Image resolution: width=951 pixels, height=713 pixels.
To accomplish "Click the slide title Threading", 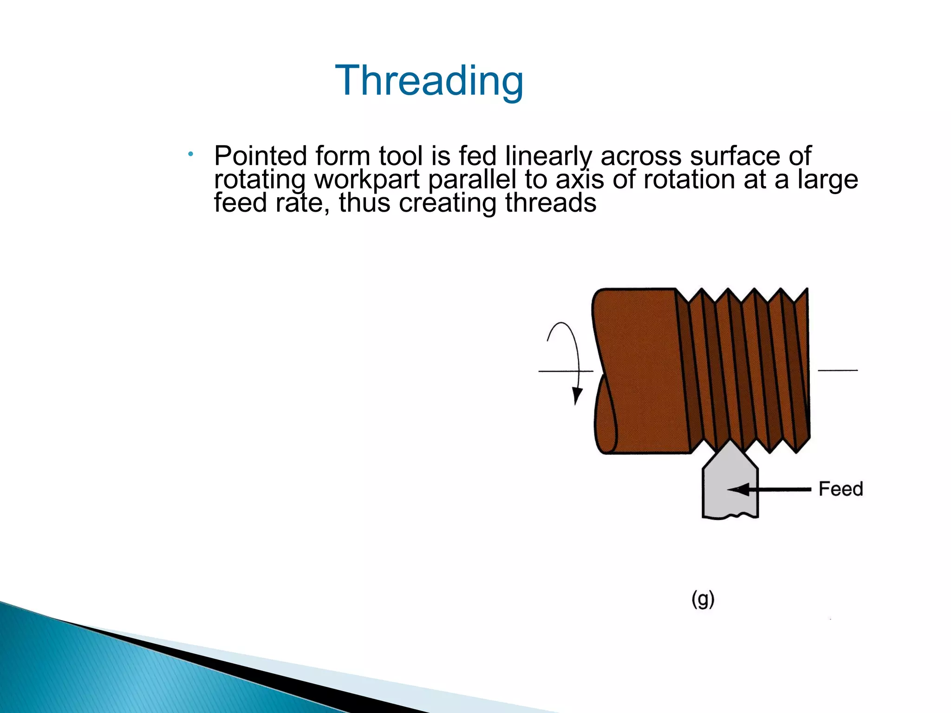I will tap(429, 81).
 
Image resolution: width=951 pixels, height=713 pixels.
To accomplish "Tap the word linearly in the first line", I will tap(548, 156).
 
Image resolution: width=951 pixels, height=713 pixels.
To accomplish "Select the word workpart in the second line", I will tap(367, 180).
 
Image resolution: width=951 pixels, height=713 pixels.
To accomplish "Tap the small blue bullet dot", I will tap(190, 154).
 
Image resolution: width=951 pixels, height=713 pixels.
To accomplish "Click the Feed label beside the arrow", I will tap(840, 489).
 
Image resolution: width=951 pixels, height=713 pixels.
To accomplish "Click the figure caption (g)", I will tap(703, 599).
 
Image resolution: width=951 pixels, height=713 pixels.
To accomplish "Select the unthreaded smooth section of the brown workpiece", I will tap(641, 371).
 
